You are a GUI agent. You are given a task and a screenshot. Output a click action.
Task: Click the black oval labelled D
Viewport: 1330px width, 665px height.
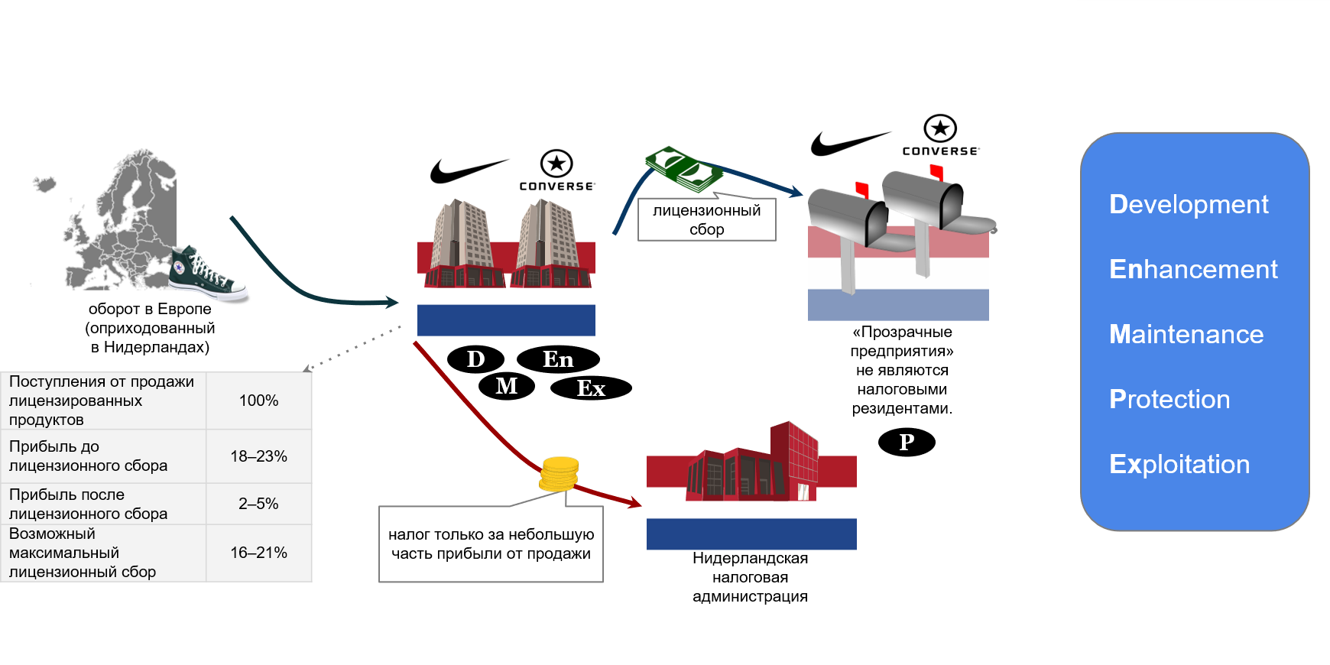point(475,358)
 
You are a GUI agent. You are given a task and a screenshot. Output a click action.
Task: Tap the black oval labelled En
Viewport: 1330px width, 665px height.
point(558,359)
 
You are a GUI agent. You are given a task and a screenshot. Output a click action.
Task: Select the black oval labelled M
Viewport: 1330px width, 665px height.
point(506,386)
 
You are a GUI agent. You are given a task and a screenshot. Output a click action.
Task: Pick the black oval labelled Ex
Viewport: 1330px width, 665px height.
point(591,388)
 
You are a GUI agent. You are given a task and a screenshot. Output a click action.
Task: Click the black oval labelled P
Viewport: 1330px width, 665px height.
point(907,442)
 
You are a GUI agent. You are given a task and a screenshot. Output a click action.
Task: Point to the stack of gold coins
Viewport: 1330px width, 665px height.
point(560,474)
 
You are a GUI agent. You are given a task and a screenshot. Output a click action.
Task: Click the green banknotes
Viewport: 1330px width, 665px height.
point(684,169)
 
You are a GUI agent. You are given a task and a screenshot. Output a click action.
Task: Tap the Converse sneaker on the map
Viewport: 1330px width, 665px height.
point(206,274)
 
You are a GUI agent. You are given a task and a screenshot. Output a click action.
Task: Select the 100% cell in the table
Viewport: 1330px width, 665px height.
point(258,401)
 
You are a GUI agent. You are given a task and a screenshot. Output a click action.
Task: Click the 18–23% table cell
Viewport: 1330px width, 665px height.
point(258,456)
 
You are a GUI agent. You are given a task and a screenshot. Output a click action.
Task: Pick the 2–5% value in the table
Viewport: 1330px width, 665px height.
point(258,504)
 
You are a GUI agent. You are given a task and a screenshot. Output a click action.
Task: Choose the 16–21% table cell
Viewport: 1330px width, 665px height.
point(258,553)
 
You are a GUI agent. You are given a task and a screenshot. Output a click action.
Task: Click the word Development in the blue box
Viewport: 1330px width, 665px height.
point(1189,204)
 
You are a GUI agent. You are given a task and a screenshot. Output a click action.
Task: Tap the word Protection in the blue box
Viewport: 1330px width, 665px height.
point(1169,399)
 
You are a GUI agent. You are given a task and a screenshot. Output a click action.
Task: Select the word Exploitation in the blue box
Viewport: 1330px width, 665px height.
point(1179,464)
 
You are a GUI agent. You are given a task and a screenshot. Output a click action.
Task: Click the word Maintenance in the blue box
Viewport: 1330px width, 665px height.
point(1186,334)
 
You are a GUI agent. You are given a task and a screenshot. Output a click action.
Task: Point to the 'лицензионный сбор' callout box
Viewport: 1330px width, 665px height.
point(707,219)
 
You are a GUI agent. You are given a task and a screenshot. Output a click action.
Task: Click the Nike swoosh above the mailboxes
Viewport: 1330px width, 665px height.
point(848,143)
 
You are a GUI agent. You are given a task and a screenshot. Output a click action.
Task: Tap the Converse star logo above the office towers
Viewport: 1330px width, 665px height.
point(556,163)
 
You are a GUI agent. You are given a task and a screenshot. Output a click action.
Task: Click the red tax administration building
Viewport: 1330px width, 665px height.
point(753,462)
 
